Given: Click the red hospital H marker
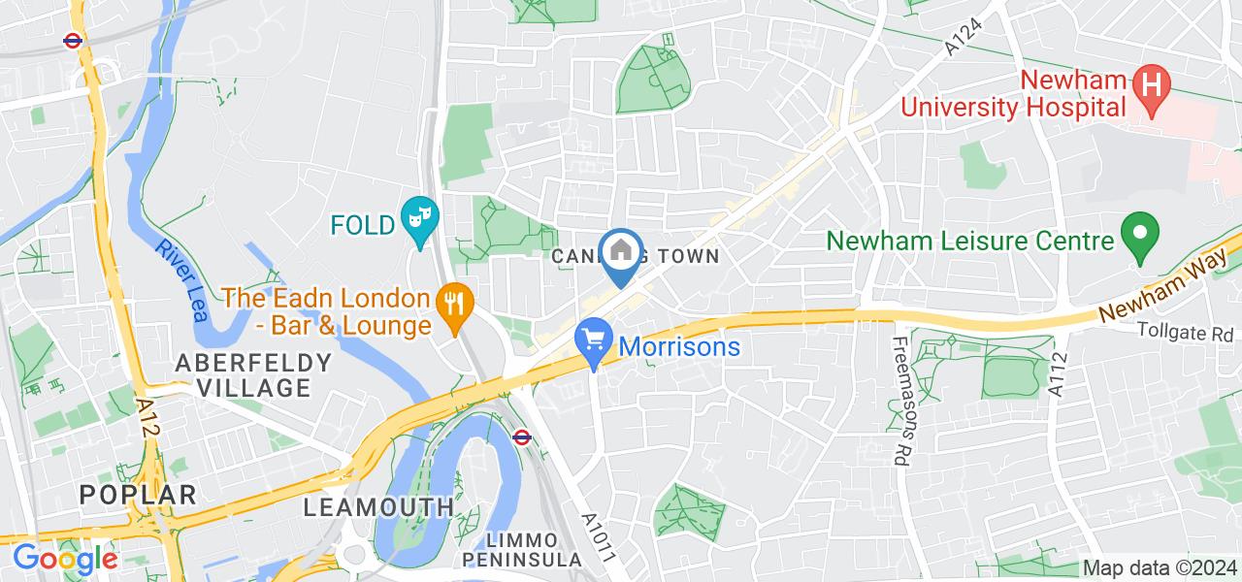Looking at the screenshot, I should pos(1151,81).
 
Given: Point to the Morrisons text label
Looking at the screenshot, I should pos(679,346).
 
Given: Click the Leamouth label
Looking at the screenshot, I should pos(378,506).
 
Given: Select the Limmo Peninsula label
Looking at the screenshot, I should pos(522,550).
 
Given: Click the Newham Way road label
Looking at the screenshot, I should pos(1166,285).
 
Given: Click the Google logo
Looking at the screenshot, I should pos(65,559).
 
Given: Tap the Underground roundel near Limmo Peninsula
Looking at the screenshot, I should pos(521,436).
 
